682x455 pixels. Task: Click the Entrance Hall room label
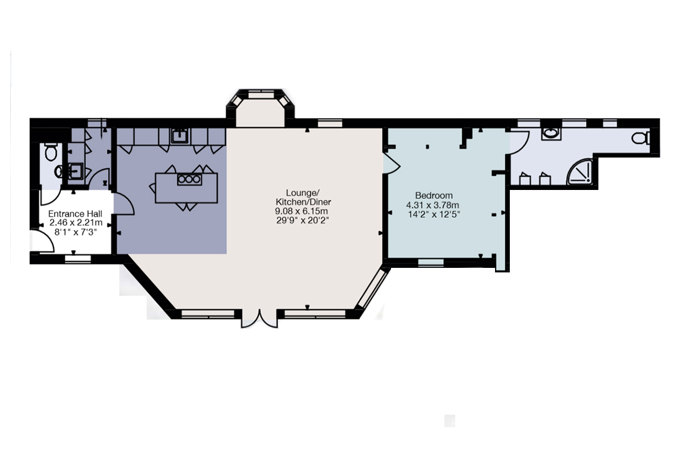coord(75,214)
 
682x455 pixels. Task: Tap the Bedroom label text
coord(434,195)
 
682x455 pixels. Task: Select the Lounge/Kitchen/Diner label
coord(303,197)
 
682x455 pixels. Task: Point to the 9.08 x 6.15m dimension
coord(301,211)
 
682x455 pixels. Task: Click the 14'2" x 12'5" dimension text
coord(434,214)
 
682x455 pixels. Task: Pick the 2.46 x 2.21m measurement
coord(76,223)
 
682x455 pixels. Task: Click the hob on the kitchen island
coord(189,179)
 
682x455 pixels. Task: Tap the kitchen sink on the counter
coord(180,136)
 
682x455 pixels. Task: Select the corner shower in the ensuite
coord(580,172)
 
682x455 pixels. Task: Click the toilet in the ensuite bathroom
coord(641,138)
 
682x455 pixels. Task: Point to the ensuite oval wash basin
coord(551,134)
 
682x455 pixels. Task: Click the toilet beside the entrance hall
coord(51,152)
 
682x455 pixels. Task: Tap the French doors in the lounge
coord(259,319)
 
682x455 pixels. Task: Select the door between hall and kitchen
coord(124,204)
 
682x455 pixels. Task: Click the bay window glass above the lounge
coord(261,96)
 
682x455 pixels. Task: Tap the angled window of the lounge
coord(373,288)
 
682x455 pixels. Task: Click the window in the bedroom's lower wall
coord(431,262)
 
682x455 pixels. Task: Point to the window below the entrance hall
coord(78,259)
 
